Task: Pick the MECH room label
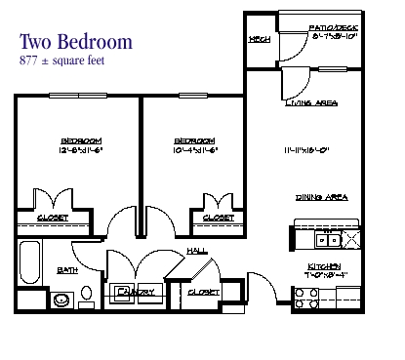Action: coord(259,40)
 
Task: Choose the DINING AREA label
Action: coord(322,197)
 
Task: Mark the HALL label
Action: coord(195,251)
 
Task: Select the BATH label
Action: coord(67,269)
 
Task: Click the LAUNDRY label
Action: coord(135,292)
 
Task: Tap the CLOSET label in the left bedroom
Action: coord(53,218)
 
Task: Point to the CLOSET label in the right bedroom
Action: coord(218,218)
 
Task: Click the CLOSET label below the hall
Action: coord(202,292)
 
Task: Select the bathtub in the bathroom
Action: coord(29,263)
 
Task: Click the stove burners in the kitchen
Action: coord(306,299)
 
